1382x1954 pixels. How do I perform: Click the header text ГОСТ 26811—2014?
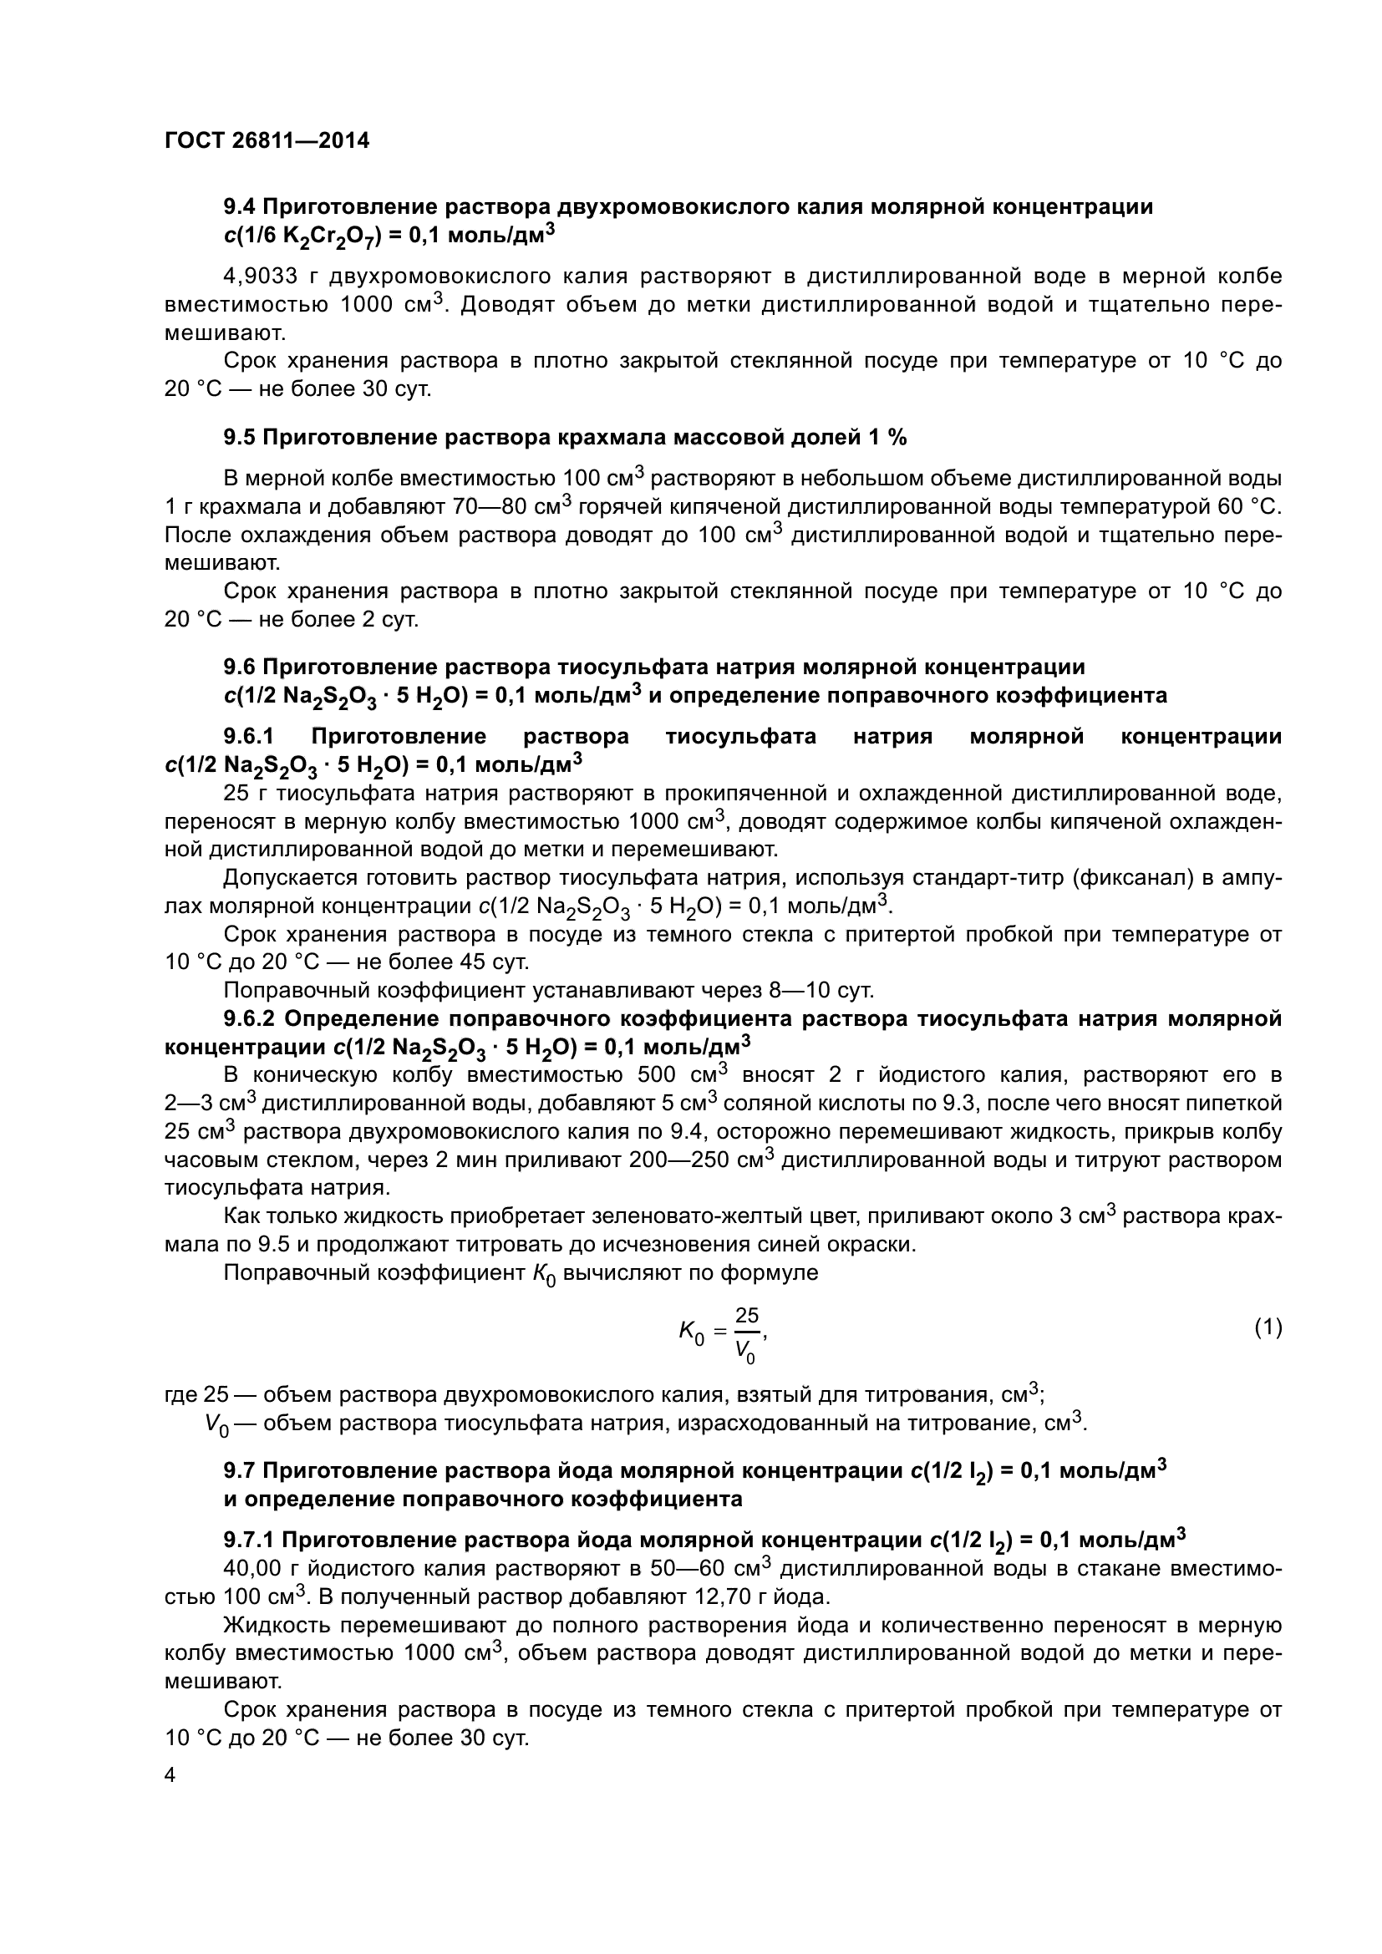(267, 140)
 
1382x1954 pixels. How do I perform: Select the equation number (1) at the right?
(1268, 1327)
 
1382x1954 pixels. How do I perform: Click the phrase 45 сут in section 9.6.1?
(493, 962)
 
